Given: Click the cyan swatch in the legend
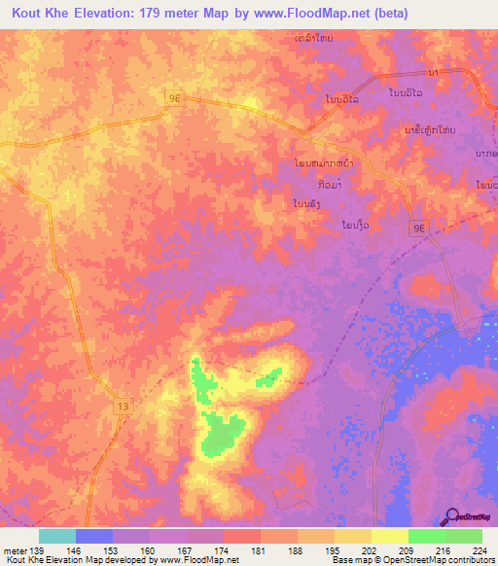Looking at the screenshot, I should point(57,536).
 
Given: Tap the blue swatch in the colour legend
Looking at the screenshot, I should point(94,536).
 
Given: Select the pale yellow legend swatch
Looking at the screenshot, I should point(390,536).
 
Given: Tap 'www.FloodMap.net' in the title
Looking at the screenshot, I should point(313,13).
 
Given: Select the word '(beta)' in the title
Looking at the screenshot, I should point(388,13).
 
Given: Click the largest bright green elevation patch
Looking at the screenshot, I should point(223,432).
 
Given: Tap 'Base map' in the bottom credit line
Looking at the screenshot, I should point(347,560).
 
